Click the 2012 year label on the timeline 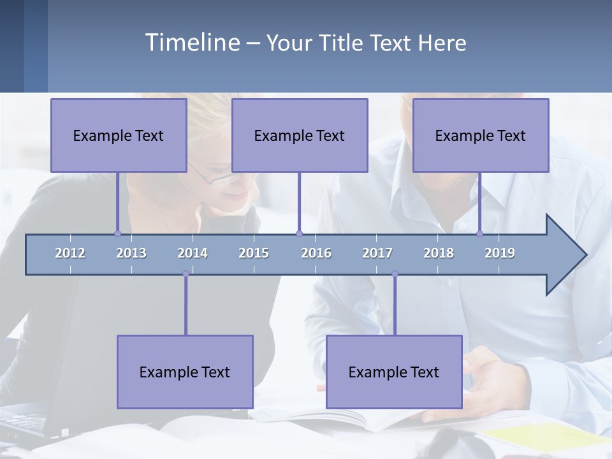click(x=70, y=253)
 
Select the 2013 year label click(x=131, y=253)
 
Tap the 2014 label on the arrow click(x=193, y=253)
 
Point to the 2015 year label click(x=254, y=253)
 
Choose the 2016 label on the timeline click(x=316, y=253)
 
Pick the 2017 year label click(x=377, y=253)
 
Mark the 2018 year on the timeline click(x=439, y=253)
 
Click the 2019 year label click(x=500, y=253)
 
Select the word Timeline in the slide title click(x=192, y=43)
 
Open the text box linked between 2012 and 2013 click(x=119, y=135)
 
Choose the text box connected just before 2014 click(x=185, y=372)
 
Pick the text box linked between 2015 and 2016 click(x=300, y=135)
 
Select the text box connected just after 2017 click(x=394, y=372)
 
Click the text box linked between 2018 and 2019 click(x=481, y=135)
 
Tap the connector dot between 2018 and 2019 click(x=479, y=233)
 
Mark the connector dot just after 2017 click(x=395, y=274)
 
